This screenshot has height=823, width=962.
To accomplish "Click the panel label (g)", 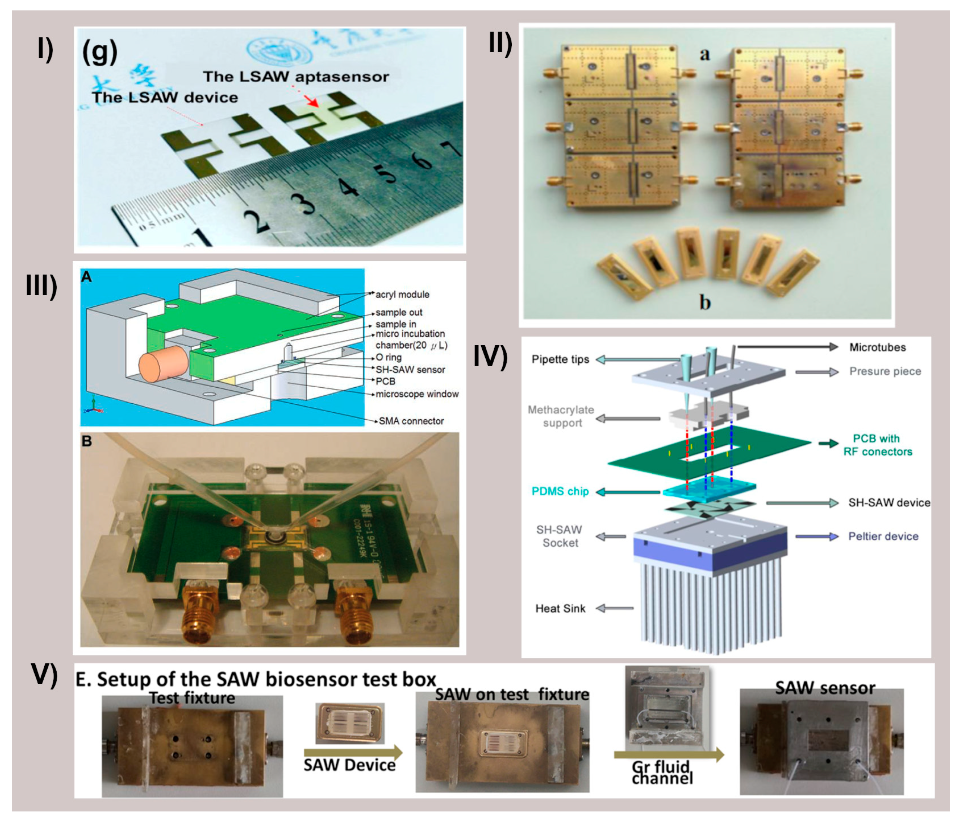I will click(99, 52).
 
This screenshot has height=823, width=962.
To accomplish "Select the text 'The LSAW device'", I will click(165, 98).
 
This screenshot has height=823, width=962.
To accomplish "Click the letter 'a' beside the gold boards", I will click(705, 54).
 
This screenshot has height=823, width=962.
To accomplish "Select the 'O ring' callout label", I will click(388, 358).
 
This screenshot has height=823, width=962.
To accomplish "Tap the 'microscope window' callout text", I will click(416, 394).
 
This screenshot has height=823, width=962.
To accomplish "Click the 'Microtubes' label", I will click(877, 347).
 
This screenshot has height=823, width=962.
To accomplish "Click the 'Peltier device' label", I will click(883, 536).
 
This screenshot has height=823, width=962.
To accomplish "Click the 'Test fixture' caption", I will click(192, 698).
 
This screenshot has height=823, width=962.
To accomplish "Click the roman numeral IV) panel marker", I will click(490, 356).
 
